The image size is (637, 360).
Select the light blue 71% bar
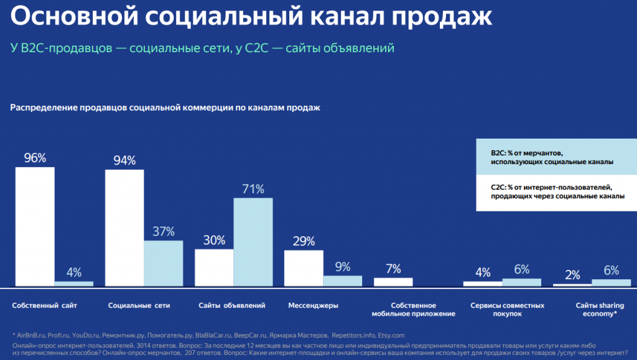(253, 242)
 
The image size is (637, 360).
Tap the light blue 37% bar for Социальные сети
(163, 263)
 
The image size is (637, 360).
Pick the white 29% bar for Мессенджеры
(304, 268)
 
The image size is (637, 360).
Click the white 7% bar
(393, 282)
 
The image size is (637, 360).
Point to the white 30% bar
(214, 267)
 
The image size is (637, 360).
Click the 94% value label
(124, 160)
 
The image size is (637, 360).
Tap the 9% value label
(343, 267)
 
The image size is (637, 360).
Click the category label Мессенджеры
(314, 306)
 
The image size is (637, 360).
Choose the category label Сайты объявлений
(232, 306)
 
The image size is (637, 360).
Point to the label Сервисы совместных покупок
(507, 310)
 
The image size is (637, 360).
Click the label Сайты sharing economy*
(596, 310)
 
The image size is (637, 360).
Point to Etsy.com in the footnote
(391, 335)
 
